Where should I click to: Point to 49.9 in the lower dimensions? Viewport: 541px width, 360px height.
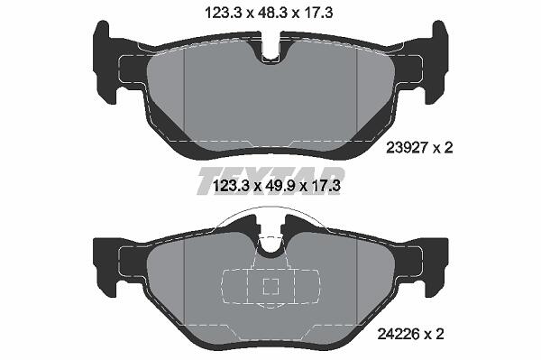click(278, 186)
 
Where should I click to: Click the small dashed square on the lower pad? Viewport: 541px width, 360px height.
click(270, 286)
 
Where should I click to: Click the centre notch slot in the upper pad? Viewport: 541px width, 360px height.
click(270, 49)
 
